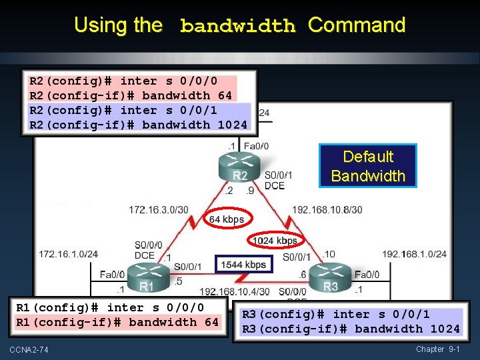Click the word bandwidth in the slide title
pyautogui.click(x=237, y=27)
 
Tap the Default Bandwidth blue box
pyautogui.click(x=368, y=166)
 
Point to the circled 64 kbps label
pyautogui.click(x=227, y=219)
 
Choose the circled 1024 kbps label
pyautogui.click(x=275, y=240)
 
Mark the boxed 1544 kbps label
pyautogui.click(x=243, y=265)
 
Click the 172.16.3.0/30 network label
pyautogui.click(x=158, y=209)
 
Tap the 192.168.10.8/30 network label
pyautogui.click(x=327, y=209)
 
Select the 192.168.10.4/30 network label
pyautogui.click(x=235, y=291)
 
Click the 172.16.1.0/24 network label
pyautogui.click(x=69, y=254)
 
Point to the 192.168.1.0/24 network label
pyautogui.click(x=415, y=254)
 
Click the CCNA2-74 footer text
pyautogui.click(x=29, y=350)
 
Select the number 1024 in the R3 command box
pyautogui.click(x=445, y=329)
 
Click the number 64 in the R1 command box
pyautogui.click(x=211, y=322)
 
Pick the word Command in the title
pyautogui.click(x=357, y=25)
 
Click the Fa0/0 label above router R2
pyautogui.click(x=257, y=146)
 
